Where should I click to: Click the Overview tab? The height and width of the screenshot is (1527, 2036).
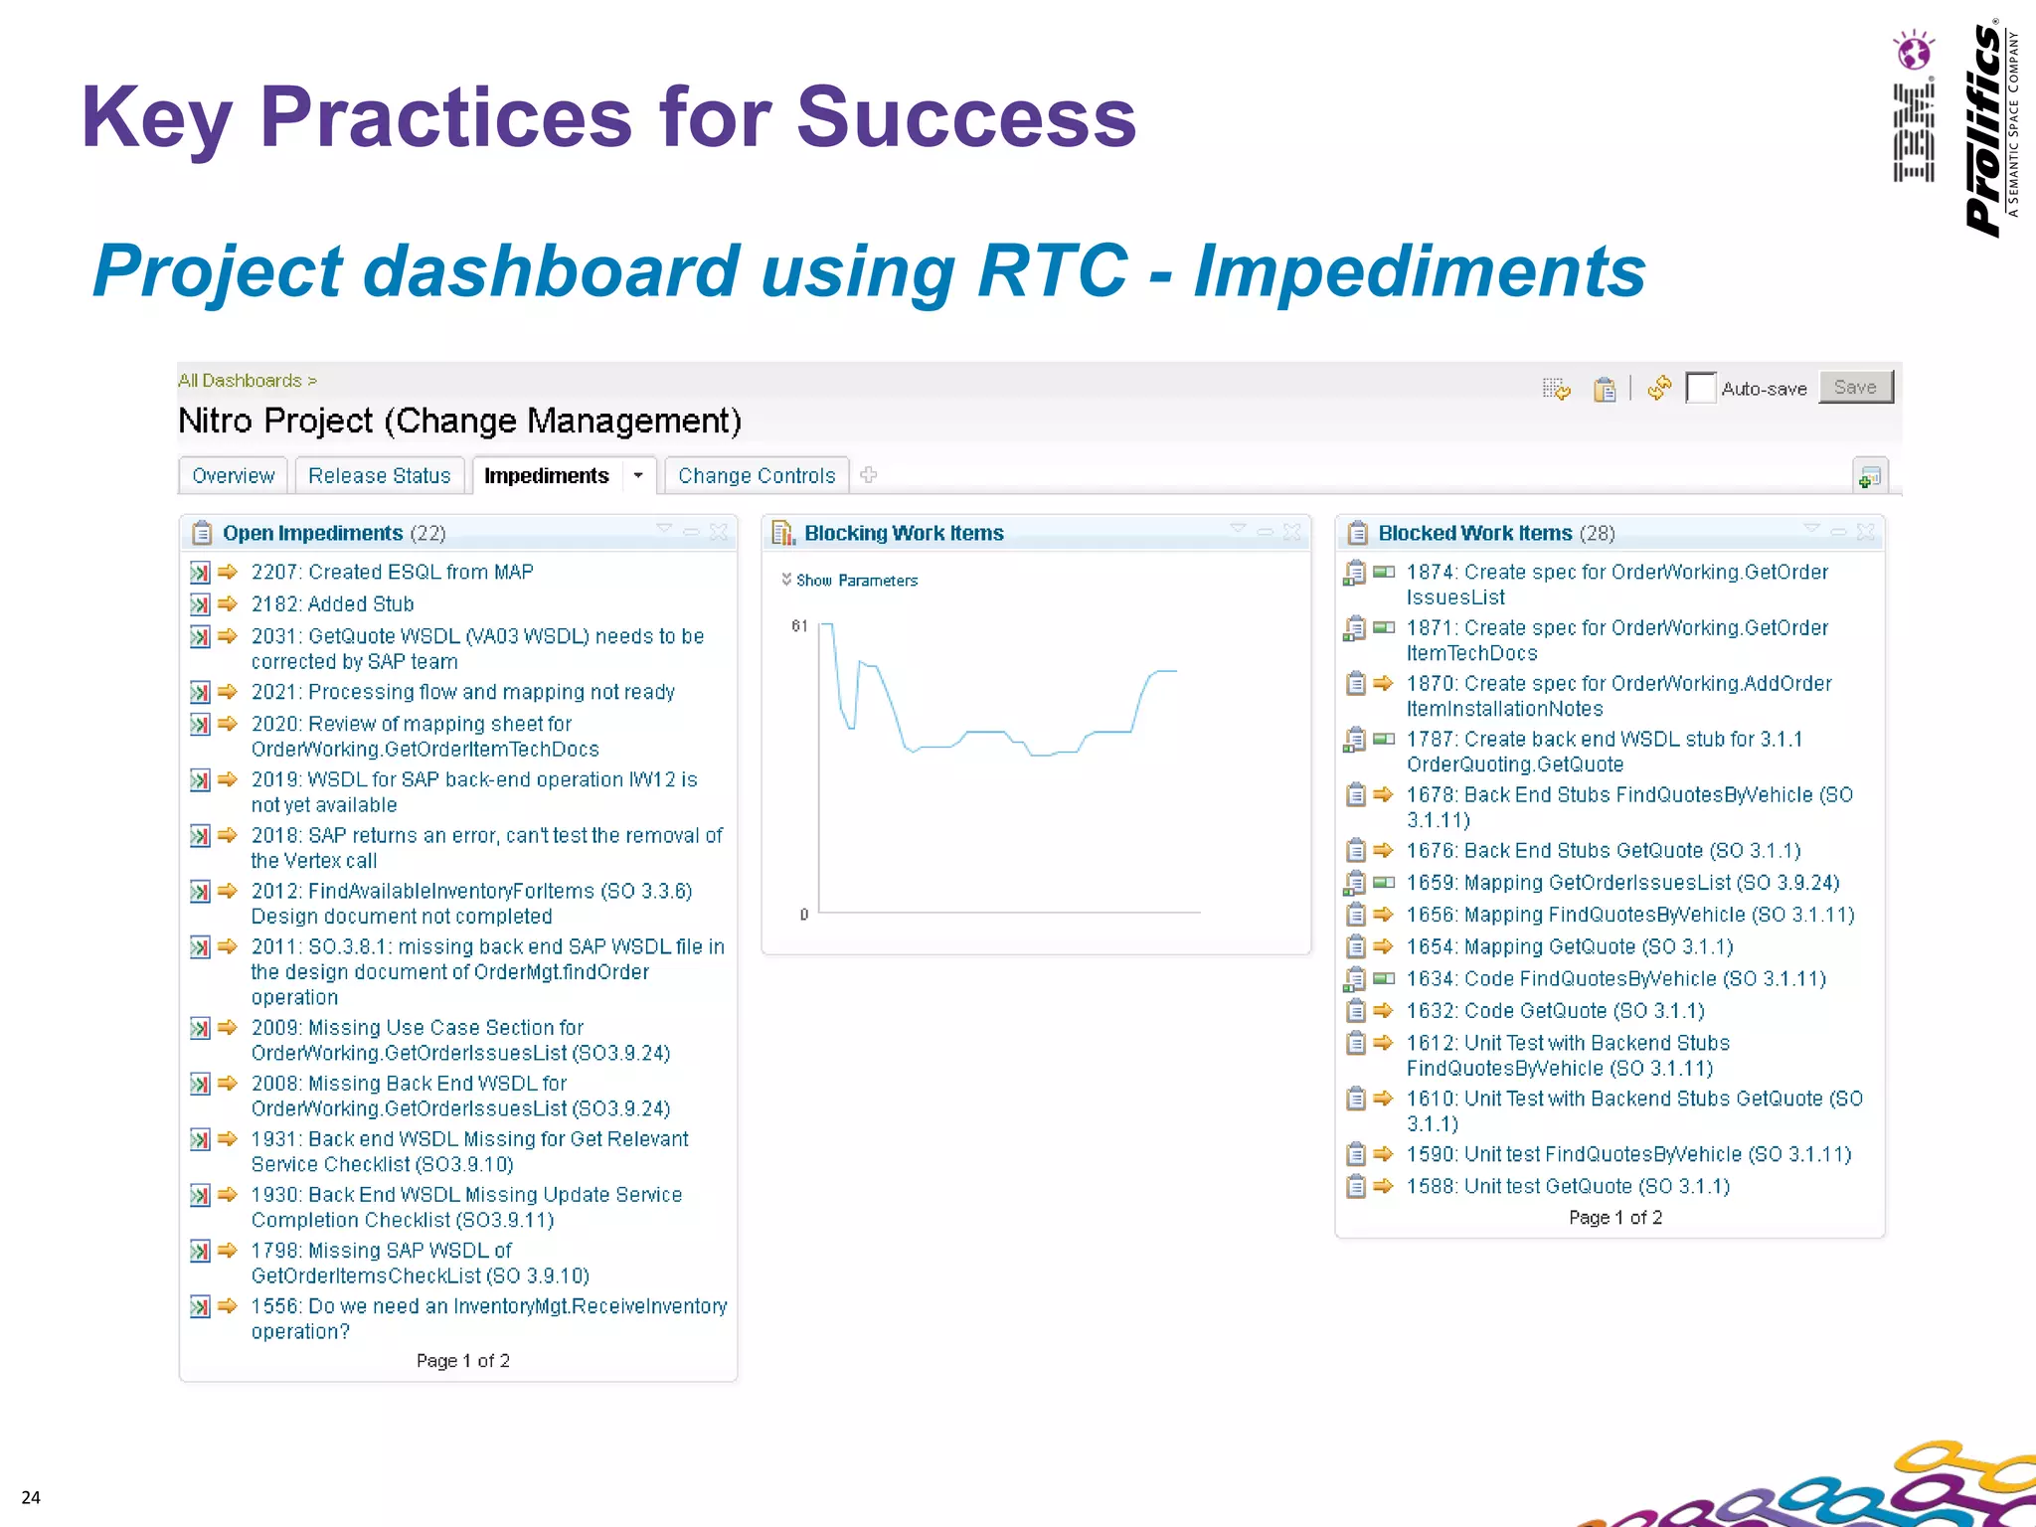(x=233, y=476)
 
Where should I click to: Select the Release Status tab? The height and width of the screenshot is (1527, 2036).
(x=379, y=476)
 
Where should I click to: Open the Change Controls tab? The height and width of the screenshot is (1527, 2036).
(x=756, y=476)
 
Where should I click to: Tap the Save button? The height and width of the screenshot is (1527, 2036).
(x=1855, y=388)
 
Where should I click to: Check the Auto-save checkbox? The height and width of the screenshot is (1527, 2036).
(x=1700, y=388)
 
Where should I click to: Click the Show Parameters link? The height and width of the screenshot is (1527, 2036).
(x=855, y=581)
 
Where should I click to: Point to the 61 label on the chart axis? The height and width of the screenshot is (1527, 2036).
(x=799, y=626)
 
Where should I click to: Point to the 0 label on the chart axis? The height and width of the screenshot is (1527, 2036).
(x=804, y=915)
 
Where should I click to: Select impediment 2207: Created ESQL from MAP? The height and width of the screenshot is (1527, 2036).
(x=392, y=573)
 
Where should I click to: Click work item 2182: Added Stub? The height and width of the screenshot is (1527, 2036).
(x=332, y=604)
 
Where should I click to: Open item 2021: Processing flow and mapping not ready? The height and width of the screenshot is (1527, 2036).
(x=462, y=692)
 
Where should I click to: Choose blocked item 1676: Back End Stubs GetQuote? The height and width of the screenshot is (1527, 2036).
(x=1603, y=851)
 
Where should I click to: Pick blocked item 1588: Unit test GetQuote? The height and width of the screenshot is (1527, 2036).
(x=1568, y=1187)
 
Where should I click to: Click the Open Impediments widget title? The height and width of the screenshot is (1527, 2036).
(x=312, y=534)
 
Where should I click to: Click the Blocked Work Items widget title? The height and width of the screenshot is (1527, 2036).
(x=1474, y=534)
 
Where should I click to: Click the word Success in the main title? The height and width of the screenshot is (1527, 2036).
(x=965, y=117)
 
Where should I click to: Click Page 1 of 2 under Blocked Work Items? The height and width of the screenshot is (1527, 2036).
(x=1614, y=1218)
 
